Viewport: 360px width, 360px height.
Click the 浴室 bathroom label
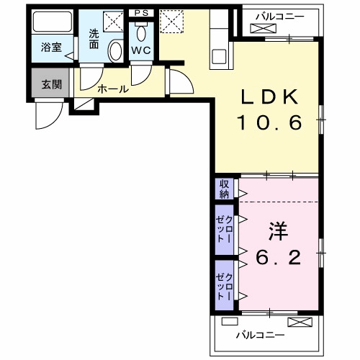[x=51, y=49]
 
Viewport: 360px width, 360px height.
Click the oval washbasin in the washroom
[x=115, y=50]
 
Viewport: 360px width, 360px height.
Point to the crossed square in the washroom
[x=112, y=21]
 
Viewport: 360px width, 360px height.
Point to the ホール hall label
[x=112, y=89]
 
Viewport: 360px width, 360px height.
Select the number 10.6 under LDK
[x=268, y=125]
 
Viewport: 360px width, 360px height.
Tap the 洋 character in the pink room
[x=278, y=231]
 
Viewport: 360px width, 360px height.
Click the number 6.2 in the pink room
[x=278, y=257]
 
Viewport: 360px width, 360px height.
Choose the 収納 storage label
[x=225, y=189]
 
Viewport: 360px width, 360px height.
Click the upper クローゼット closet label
[x=225, y=229]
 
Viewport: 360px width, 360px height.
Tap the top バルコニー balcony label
[x=279, y=15]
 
